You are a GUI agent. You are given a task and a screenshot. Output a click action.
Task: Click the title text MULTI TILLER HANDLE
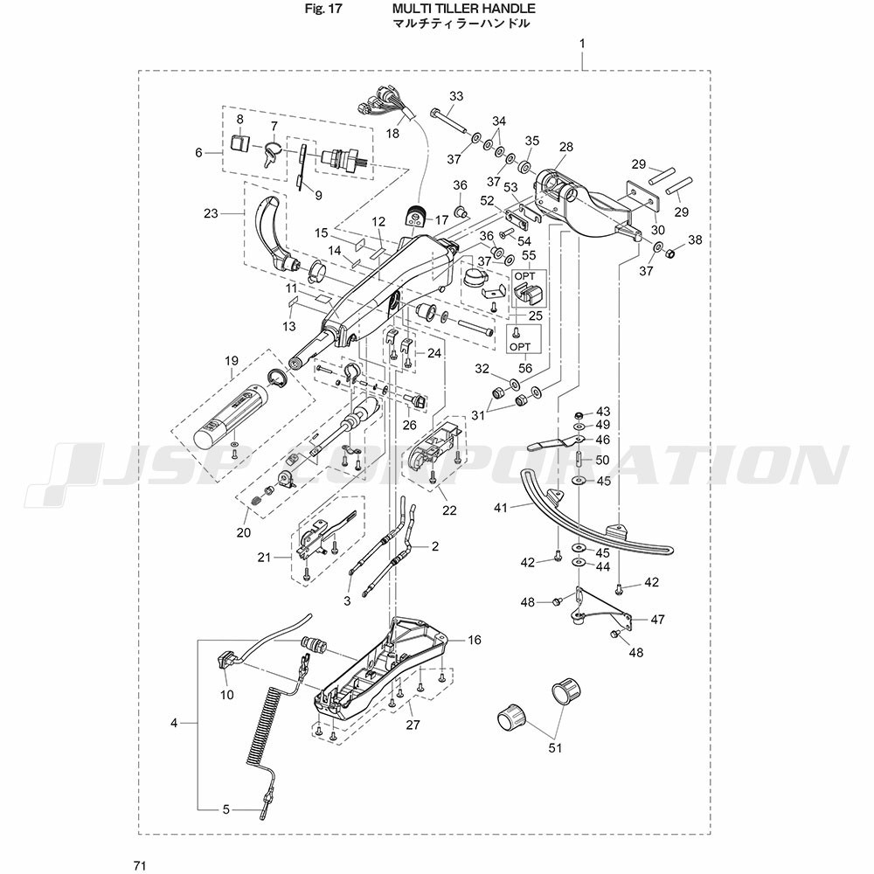[x=463, y=9]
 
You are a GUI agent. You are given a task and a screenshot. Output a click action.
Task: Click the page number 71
[x=141, y=865]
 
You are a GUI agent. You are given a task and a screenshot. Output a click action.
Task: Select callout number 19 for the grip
[x=232, y=361]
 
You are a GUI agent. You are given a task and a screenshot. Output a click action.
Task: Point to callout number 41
[x=501, y=508]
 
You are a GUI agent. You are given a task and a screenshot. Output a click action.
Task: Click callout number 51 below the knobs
[x=555, y=747]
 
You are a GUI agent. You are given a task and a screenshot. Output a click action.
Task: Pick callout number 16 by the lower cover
[x=475, y=640]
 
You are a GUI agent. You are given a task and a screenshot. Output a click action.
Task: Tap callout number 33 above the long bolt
[x=456, y=96]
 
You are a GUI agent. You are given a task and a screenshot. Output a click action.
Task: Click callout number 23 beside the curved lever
[x=211, y=213]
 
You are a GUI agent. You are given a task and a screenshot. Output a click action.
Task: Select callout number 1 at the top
[x=582, y=43]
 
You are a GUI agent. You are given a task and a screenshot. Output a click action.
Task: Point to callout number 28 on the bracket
[x=565, y=147]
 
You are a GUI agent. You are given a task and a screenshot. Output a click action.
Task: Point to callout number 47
[x=658, y=619]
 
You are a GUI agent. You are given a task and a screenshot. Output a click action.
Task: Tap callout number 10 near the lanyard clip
[x=227, y=695]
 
